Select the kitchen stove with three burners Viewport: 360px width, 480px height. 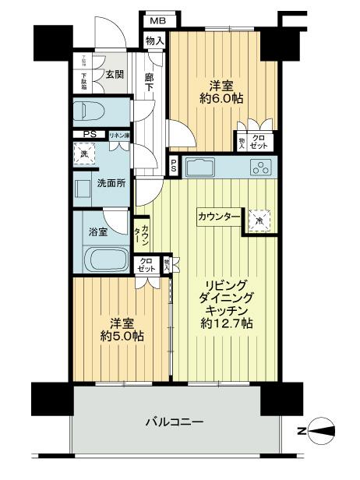259,167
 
